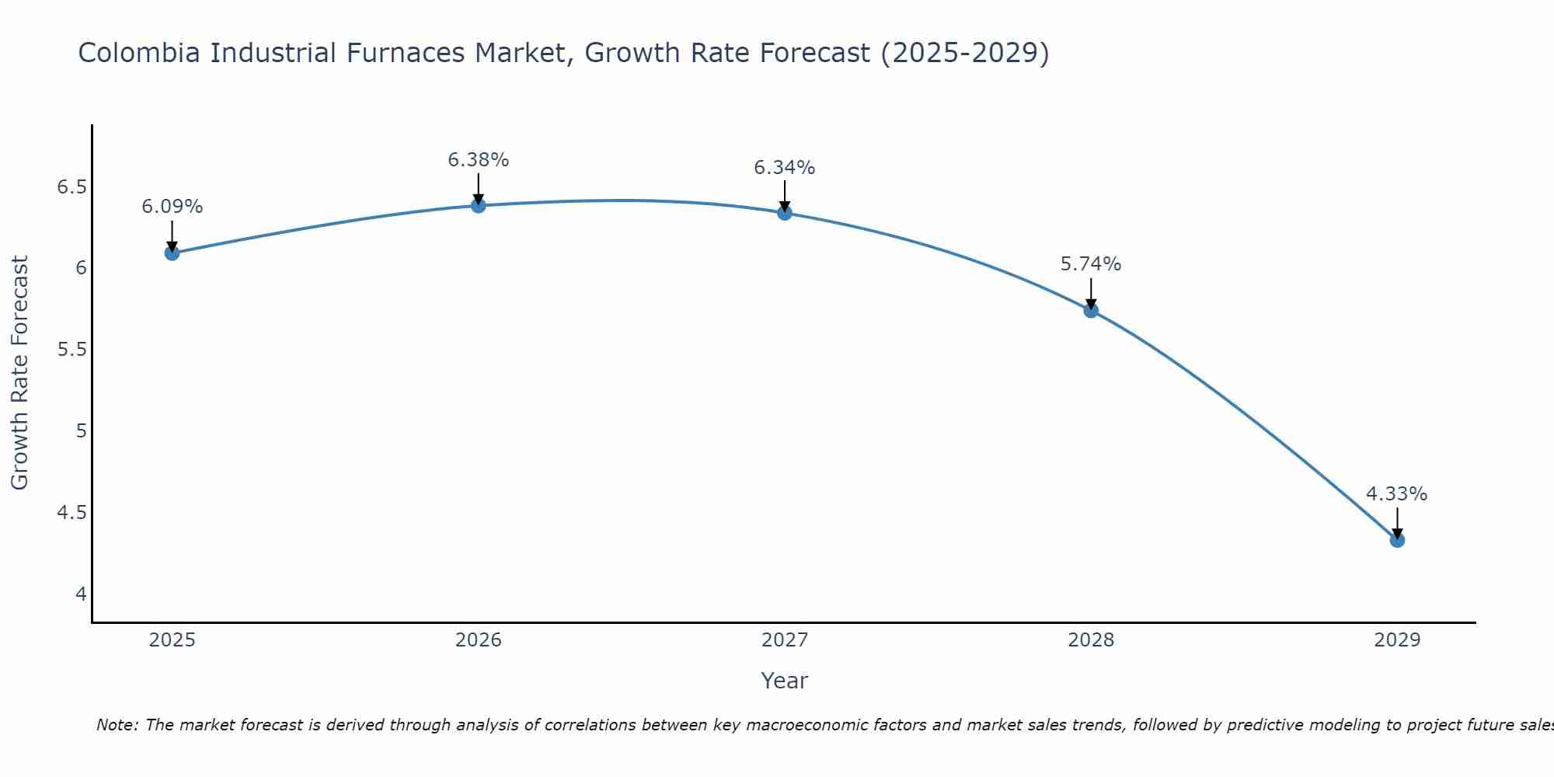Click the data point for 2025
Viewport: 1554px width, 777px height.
point(172,253)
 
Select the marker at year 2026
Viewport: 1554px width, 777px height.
point(479,205)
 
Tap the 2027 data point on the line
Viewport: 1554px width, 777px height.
point(785,212)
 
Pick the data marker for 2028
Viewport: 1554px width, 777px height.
point(1091,310)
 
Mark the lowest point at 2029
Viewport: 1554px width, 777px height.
point(1397,540)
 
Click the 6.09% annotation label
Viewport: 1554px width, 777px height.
point(172,207)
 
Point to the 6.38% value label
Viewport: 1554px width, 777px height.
point(479,160)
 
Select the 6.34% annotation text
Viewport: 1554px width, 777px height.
point(785,168)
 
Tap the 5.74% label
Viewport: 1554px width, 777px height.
point(1091,264)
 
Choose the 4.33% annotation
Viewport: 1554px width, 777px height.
point(1397,494)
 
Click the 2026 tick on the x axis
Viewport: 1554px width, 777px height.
point(479,640)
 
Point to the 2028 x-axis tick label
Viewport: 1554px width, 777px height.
point(1091,640)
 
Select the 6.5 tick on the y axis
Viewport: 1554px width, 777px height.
point(72,187)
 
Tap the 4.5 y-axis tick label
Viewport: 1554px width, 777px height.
point(72,513)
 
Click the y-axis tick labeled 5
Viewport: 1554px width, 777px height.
point(81,430)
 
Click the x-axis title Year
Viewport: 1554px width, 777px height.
point(785,681)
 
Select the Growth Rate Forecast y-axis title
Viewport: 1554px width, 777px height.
point(19,373)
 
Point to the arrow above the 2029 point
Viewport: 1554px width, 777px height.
point(1397,522)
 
